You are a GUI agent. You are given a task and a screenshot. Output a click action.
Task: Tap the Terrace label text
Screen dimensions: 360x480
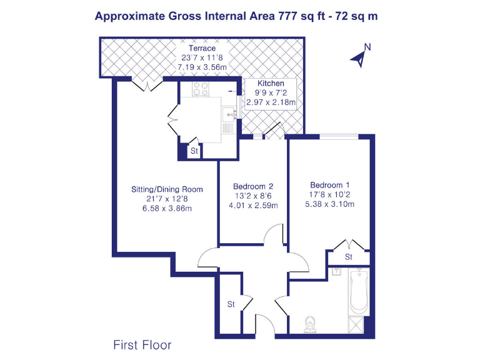tap(202, 48)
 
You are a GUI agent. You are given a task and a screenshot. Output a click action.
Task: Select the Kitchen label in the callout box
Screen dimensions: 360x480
tap(270, 83)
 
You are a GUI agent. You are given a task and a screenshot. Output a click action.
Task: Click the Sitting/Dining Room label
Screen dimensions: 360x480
tap(166, 189)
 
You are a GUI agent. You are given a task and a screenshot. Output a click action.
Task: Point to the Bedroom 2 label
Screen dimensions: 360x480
tap(253, 186)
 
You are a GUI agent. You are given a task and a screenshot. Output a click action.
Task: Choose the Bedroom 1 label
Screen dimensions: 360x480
tap(330, 185)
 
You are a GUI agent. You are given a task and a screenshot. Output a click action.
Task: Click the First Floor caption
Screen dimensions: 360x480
tap(142, 344)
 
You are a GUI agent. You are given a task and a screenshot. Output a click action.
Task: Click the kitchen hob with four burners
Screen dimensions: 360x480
tap(200, 89)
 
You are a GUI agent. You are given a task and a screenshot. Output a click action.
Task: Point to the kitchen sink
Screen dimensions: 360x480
tap(230, 114)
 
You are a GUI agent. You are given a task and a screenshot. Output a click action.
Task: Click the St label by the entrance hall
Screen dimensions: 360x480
tap(231, 305)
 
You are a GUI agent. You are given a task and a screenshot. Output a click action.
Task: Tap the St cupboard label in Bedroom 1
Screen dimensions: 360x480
tap(349, 257)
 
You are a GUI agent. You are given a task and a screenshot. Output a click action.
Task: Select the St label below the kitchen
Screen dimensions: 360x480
tap(194, 151)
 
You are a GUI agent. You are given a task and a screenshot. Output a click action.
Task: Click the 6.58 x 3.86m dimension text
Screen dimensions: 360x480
tap(166, 208)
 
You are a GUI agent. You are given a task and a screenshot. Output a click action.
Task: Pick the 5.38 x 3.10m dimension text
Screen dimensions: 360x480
tap(330, 204)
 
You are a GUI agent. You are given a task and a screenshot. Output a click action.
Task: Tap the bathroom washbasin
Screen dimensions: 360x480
tap(336, 271)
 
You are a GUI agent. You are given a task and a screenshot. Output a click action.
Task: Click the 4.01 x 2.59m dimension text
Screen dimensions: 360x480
tap(253, 205)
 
